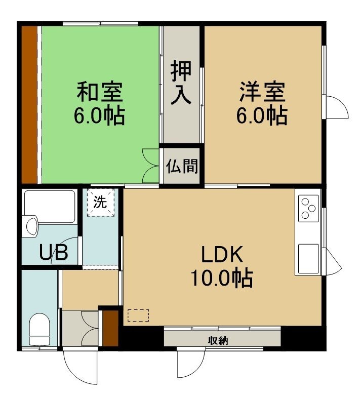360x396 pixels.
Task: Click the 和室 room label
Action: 100,91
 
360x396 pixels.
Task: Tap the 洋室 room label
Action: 263,91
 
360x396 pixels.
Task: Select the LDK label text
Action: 222,255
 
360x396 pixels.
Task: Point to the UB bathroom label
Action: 54,252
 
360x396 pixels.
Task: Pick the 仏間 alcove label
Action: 182,166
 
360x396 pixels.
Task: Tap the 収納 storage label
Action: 218,341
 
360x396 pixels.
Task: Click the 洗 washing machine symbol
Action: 100,202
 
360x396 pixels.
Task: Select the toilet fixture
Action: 39,329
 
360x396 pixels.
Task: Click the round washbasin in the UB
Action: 32,226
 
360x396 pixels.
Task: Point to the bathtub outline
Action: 50,206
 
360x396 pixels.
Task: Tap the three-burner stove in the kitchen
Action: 308,209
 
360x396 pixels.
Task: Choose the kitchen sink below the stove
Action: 308,259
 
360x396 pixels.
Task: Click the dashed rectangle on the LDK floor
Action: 138,315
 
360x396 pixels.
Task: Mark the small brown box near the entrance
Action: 110,328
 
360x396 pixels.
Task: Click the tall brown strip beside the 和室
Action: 29,105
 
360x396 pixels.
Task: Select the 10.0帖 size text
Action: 222,279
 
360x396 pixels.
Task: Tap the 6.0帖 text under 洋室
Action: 262,116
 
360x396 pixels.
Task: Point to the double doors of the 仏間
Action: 151,166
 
